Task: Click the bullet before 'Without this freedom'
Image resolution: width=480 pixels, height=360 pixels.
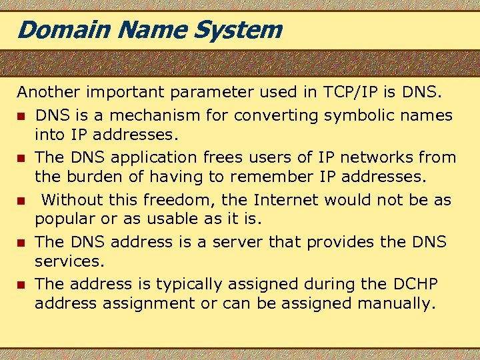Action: point(21,201)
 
